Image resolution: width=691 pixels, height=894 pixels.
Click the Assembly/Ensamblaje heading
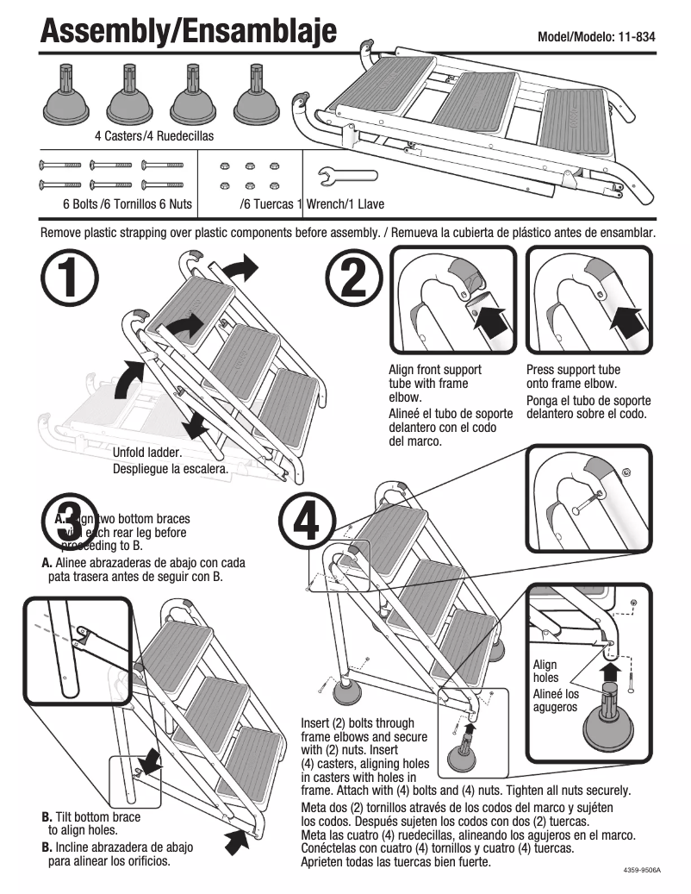pyautogui.click(x=188, y=32)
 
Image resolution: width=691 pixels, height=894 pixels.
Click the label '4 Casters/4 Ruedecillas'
pyautogui.click(x=153, y=136)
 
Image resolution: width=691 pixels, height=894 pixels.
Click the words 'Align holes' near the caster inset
pyautogui.click(x=545, y=671)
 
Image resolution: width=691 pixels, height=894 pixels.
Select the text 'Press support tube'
pyautogui.click(x=573, y=370)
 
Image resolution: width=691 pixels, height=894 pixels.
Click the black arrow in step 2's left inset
pyautogui.click(x=489, y=322)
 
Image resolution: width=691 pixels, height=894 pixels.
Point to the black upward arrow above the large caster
pyautogui.click(x=610, y=672)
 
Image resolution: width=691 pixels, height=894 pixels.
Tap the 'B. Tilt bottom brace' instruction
pyautogui.click(x=91, y=816)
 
